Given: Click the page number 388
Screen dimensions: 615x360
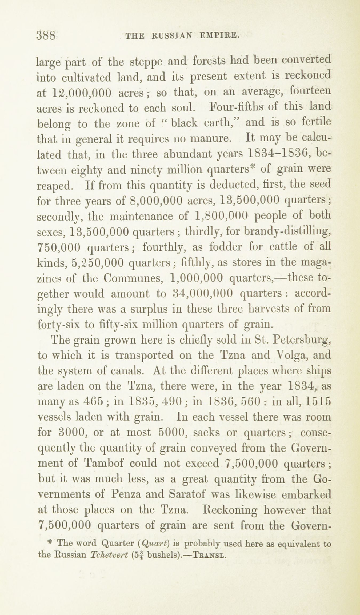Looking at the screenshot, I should point(46,35).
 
